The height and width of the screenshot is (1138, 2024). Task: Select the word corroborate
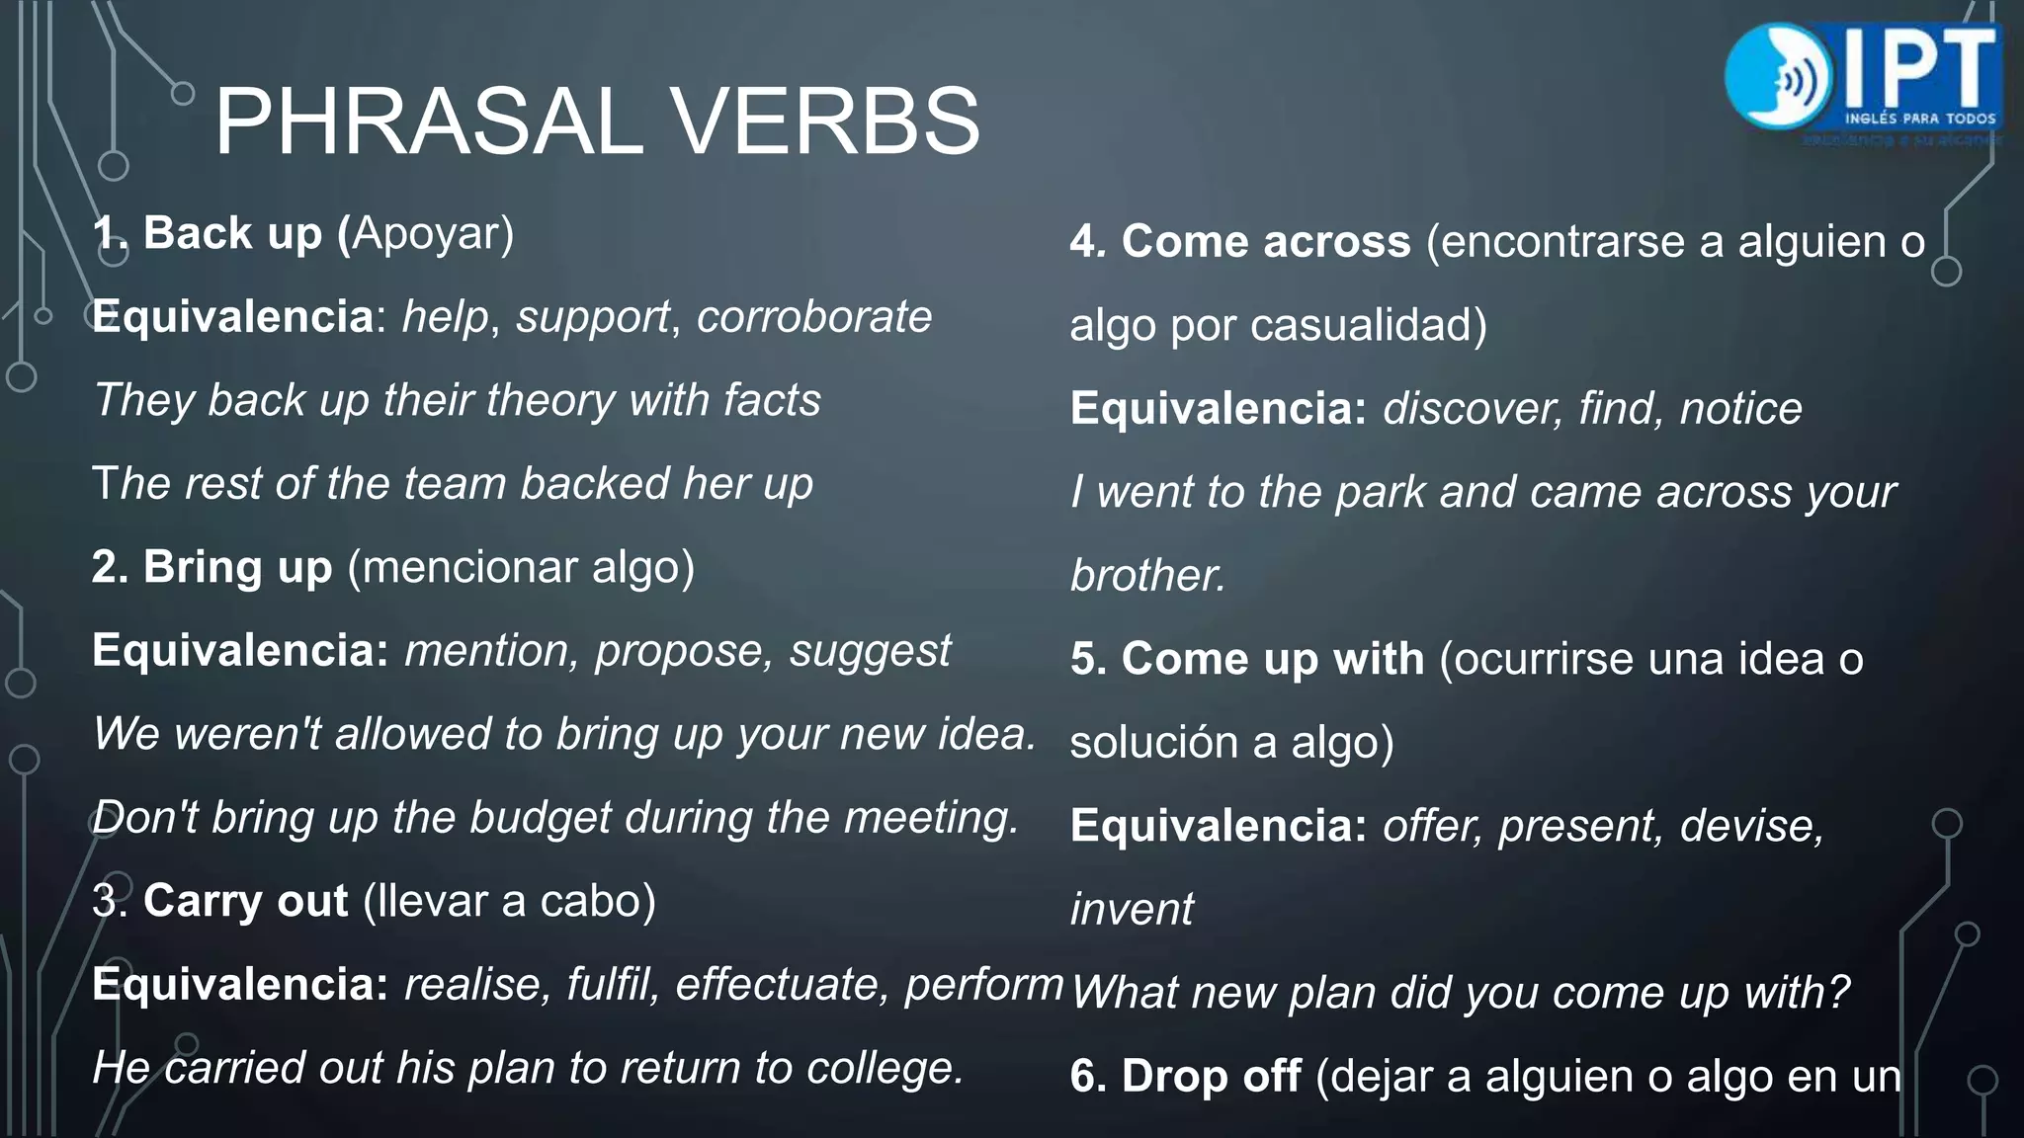(x=813, y=317)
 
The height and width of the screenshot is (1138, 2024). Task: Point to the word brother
(x=1146, y=576)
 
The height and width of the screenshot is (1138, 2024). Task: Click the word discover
(x=1468, y=409)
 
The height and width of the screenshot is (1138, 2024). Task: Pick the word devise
(x=1750, y=826)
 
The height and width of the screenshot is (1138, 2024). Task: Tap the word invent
(x=1132, y=909)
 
